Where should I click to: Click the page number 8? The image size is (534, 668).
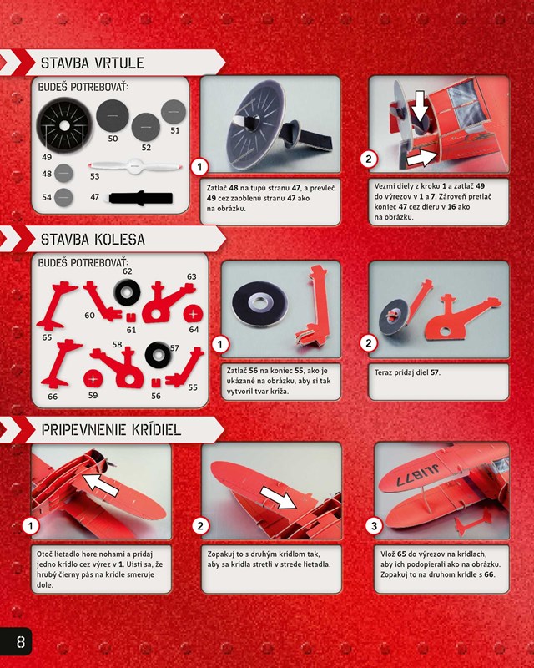pos(20,641)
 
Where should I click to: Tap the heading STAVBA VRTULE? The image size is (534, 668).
pos(93,63)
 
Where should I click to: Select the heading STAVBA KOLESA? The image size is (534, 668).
pos(93,239)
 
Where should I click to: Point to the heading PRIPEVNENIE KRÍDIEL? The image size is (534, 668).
pos(111,429)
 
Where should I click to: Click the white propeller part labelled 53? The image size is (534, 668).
pos(135,166)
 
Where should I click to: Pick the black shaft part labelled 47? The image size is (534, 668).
pos(141,198)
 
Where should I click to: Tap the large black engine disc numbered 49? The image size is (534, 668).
pos(64,125)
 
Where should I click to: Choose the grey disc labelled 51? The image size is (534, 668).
pos(174,112)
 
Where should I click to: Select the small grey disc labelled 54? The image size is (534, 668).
pos(63,197)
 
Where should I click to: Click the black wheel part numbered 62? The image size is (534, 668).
pos(127,292)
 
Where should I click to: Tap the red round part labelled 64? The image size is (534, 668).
pos(193,315)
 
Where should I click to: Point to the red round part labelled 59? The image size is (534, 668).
pos(93,378)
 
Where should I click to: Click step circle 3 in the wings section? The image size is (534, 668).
pos(374,526)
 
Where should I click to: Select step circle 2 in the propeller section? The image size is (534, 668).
pos(368,159)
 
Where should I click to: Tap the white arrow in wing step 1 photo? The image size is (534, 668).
pos(100,485)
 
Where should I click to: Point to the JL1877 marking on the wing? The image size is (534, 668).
pos(417,474)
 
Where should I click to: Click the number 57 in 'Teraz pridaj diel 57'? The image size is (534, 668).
pos(435,372)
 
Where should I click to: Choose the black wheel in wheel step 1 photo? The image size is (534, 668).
pos(259,304)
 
